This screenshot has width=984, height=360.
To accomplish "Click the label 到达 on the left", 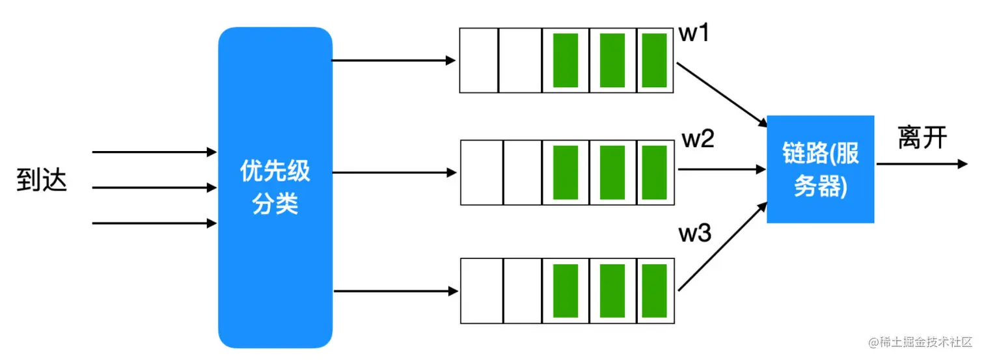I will coord(42,182).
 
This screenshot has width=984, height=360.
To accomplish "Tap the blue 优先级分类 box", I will coord(275,187).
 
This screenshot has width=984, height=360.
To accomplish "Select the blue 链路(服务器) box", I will coord(820,169).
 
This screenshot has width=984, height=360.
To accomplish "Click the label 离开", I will coord(922,137).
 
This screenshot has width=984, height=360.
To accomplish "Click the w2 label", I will coord(698,139).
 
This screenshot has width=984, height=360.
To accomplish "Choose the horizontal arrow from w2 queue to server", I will coord(721,169).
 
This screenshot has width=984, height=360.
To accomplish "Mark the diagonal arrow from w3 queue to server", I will coord(721,247).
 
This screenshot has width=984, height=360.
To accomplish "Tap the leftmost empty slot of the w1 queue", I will coord(479,61).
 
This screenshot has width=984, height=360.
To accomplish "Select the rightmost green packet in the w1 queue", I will coord(654,61).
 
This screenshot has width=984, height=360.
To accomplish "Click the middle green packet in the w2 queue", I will coord(612,173).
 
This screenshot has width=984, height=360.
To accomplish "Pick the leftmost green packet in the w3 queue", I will coord(566,291).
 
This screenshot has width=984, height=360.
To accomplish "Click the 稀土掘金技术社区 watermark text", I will coord(920,342).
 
